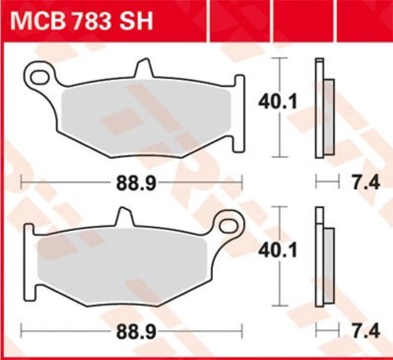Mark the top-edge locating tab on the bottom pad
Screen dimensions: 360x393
click(x=122, y=216)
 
